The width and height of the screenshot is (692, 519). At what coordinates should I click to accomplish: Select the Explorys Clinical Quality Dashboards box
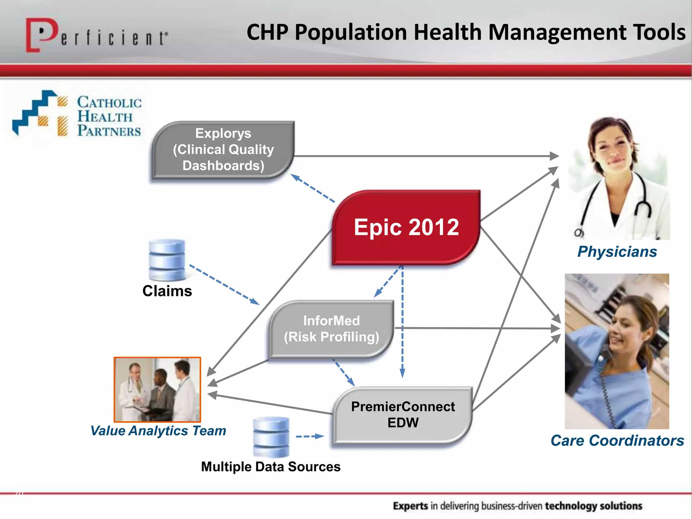coord(223,149)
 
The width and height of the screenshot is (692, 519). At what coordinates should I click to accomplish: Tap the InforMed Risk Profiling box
coord(331,329)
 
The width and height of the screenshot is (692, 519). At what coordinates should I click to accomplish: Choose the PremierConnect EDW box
coord(403,415)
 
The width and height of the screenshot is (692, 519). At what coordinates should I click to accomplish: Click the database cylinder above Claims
coord(167,259)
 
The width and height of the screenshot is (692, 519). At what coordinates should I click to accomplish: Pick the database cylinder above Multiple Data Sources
coord(271,437)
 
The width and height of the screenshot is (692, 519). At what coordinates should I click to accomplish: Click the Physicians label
coord(617,252)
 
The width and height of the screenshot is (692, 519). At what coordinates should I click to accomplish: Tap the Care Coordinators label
coord(617,441)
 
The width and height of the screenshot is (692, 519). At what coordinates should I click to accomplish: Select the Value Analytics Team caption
coord(158,431)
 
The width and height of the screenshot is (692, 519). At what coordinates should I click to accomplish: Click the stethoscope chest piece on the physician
coord(578,233)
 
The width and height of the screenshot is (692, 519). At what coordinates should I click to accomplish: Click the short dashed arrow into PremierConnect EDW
coord(310,437)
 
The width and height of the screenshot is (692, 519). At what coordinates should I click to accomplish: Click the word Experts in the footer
coord(410,506)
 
